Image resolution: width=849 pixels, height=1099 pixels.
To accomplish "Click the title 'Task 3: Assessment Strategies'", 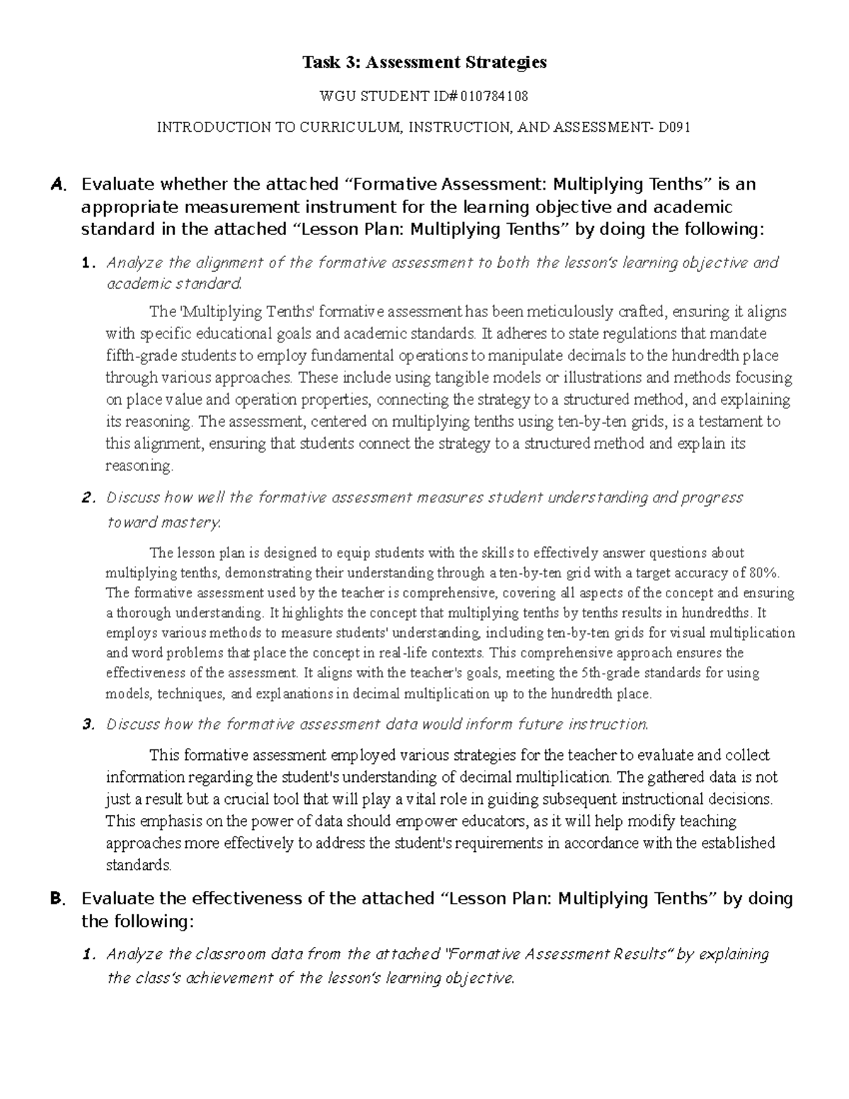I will (424, 62).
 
